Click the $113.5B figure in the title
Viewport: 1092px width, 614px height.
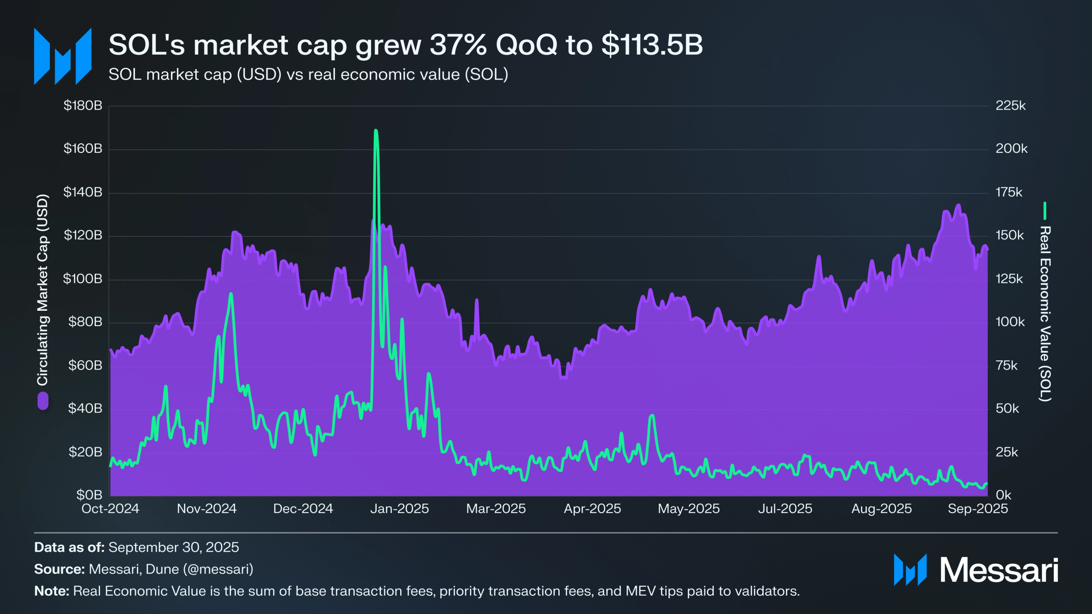[x=652, y=45]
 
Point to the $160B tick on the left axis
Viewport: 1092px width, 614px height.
[x=83, y=149]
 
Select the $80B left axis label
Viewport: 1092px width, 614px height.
[x=85, y=322]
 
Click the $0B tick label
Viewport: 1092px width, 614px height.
[x=89, y=495]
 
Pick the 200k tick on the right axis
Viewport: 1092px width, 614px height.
[x=1011, y=149]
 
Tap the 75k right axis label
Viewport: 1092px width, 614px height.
[x=1006, y=365]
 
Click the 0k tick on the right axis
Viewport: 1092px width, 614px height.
[x=1003, y=495]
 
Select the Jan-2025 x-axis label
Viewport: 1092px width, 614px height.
[x=399, y=509]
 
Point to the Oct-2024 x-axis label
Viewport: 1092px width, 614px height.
[x=110, y=509]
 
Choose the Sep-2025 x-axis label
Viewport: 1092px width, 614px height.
[x=978, y=509]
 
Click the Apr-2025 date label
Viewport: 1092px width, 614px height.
[x=592, y=509]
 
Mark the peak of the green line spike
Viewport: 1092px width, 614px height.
[x=376, y=131]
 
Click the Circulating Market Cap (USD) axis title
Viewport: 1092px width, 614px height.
[x=42, y=289]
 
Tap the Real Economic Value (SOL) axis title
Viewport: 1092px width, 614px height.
[x=1045, y=313]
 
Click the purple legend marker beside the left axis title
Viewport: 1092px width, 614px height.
[x=43, y=401]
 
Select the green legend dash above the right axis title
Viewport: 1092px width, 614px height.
[x=1045, y=210]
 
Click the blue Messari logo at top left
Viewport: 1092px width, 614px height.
[x=63, y=56]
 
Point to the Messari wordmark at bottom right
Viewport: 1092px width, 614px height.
[x=999, y=570]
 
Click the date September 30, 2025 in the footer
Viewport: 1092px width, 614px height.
[x=173, y=547]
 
